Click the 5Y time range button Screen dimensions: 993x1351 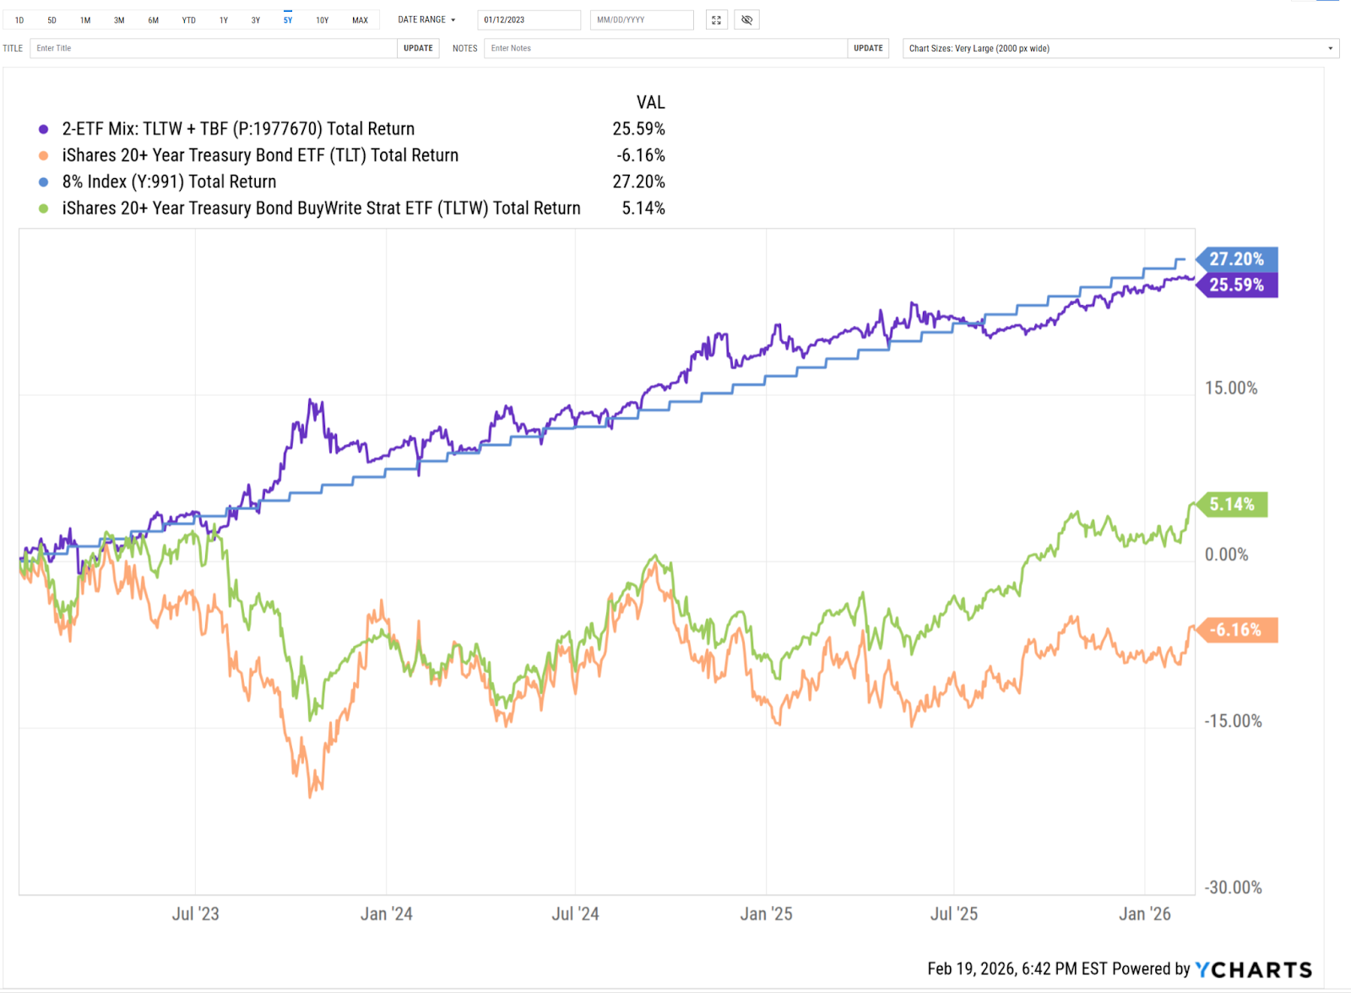pyautogui.click(x=288, y=20)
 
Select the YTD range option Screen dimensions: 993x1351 pyautogui.click(x=188, y=20)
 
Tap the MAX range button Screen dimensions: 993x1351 pyautogui.click(x=360, y=20)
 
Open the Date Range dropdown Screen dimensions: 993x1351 pyautogui.click(x=426, y=20)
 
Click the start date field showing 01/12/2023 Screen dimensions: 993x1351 pyautogui.click(x=529, y=20)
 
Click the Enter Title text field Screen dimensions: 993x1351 pyautogui.click(x=213, y=48)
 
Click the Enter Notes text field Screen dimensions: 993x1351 pyautogui.click(x=665, y=48)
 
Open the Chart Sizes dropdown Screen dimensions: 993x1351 pyautogui.click(x=1120, y=48)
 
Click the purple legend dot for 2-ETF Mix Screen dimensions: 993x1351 pyautogui.click(x=44, y=129)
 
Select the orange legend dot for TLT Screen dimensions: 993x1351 pyautogui.click(x=44, y=155)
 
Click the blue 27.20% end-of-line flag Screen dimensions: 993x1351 pyautogui.click(x=1236, y=259)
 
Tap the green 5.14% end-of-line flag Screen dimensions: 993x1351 pyautogui.click(x=1232, y=505)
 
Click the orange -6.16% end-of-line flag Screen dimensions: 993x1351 pyautogui.click(x=1235, y=630)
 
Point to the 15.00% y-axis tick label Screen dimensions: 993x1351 pyautogui.click(x=1230, y=388)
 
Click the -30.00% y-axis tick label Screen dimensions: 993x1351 pyautogui.click(x=1233, y=887)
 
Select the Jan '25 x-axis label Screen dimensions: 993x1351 pyautogui.click(x=766, y=914)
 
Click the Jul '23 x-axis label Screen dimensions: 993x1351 pyautogui.click(x=195, y=914)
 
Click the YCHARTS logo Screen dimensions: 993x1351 pyautogui.click(x=1253, y=969)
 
